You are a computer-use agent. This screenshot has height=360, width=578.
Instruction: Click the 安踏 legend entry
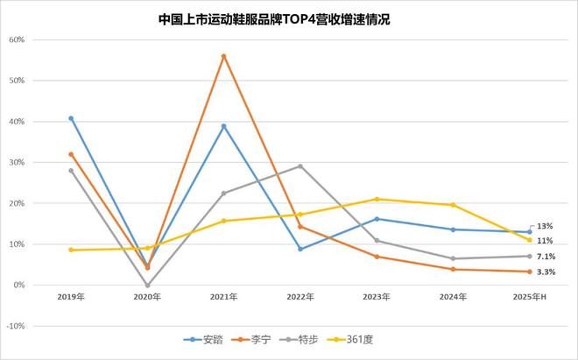pos(201,339)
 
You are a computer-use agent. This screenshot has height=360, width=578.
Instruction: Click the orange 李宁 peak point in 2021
pos(224,56)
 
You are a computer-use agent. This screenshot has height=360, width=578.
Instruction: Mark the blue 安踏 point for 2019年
pos(71,118)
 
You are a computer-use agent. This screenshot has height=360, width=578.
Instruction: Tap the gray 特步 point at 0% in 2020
pos(147,285)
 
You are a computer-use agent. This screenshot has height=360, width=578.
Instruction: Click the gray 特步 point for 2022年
pos(300,166)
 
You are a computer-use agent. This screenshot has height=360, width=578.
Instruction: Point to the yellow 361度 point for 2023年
pos(377,199)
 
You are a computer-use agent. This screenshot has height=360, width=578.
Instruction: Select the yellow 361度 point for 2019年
pos(71,250)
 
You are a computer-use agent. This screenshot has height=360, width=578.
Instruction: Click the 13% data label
pos(544,226)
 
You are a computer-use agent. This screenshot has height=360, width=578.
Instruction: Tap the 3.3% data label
pos(546,272)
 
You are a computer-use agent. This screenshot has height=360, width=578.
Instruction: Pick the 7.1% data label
pos(546,257)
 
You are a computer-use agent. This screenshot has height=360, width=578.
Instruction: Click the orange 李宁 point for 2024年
pos(453,269)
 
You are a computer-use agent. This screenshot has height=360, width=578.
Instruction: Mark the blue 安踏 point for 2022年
pos(300,249)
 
